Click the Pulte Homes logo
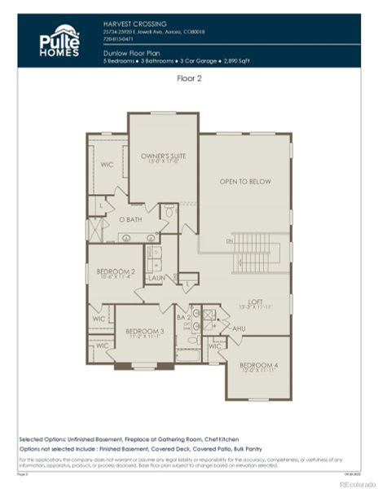pyautogui.click(x=60, y=40)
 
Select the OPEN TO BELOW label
pyautogui.click(x=244, y=181)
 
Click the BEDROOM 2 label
pyautogui.click(x=115, y=272)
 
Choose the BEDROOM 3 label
pyautogui.click(x=144, y=333)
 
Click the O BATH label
pyautogui.click(x=130, y=219)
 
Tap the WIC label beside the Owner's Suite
pyautogui.click(x=105, y=164)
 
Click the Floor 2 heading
pyautogui.click(x=189, y=79)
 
